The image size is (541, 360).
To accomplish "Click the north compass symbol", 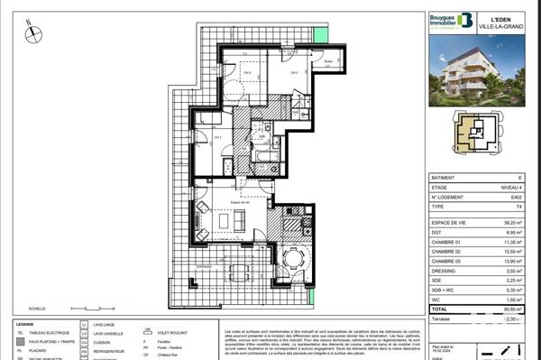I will click(32, 34).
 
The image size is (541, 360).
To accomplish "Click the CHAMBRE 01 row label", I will click(441, 241).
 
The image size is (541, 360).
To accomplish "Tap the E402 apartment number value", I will click(513, 198).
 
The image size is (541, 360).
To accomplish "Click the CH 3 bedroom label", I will click(294, 74).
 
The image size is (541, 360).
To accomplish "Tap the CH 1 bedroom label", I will click(216, 136).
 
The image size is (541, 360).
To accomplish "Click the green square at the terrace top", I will click(318, 33).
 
